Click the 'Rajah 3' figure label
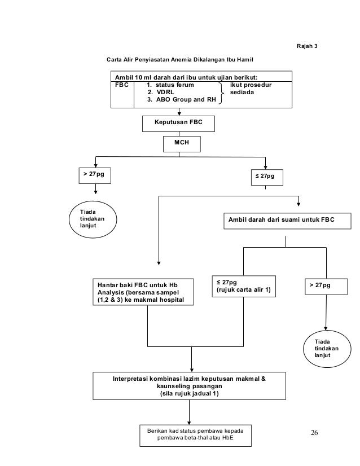tap(307, 46)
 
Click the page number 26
tap(314, 433)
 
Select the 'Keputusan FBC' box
tap(178, 124)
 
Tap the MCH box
tap(182, 144)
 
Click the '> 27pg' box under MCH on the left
tap(95, 175)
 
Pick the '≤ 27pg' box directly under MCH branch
tap(267, 177)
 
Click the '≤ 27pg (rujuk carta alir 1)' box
tap(244, 287)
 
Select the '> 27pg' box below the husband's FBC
tap(326, 287)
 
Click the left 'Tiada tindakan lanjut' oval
tap(93, 219)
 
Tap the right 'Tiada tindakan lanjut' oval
tap(327, 349)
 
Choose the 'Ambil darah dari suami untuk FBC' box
tap(287, 221)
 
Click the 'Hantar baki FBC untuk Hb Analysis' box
tap(143, 292)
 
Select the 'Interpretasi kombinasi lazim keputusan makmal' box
tap(190, 386)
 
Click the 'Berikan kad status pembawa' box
tap(195, 436)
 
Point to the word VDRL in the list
tap(165, 92)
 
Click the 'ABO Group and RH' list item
tap(186, 99)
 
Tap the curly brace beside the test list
tap(221, 93)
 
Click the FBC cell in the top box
tap(122, 94)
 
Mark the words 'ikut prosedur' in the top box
tap(251, 85)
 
